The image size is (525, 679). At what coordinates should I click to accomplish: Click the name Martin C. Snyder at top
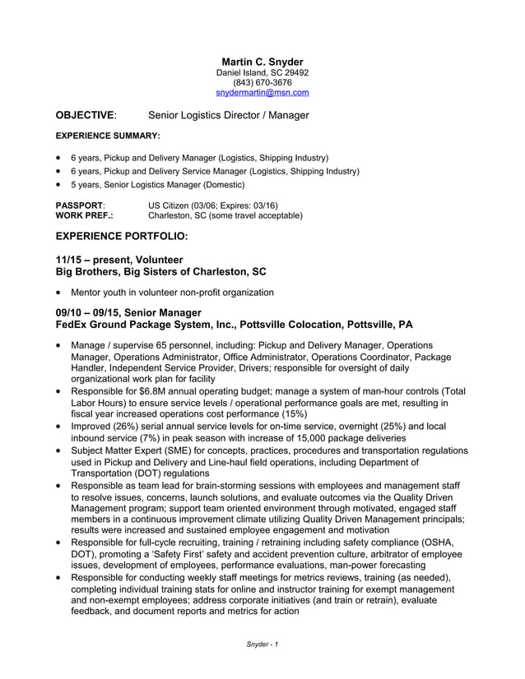click(262, 62)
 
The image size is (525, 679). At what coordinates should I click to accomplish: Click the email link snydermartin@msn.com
click(262, 94)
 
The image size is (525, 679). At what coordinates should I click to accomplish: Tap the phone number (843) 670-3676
click(262, 83)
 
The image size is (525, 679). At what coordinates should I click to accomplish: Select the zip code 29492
click(295, 72)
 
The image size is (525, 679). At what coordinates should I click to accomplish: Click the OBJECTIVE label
click(85, 115)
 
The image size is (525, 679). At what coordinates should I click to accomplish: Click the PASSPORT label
click(79, 205)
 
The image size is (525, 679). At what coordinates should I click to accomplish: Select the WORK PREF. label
click(84, 215)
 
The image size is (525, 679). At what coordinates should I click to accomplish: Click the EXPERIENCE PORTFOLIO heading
click(121, 237)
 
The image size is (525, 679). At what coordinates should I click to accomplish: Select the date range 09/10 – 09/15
click(89, 312)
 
